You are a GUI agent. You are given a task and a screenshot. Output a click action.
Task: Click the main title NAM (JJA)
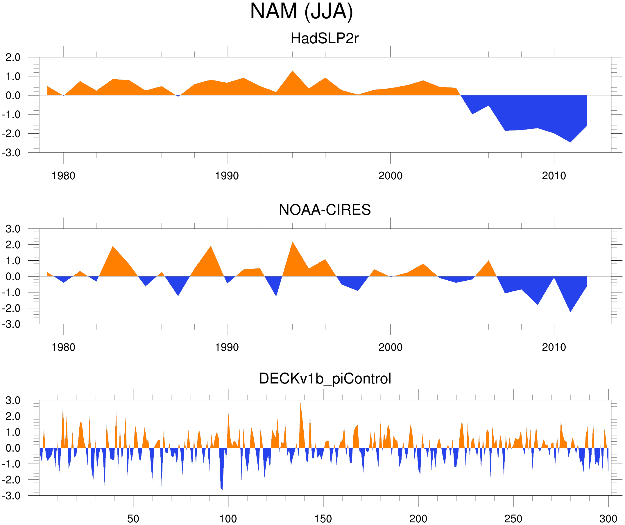tap(301, 11)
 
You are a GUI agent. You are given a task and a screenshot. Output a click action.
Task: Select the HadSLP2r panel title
tap(324, 38)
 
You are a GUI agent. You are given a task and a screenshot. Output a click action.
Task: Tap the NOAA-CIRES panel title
tap(325, 210)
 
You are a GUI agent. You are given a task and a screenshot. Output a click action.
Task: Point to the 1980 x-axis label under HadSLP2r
tap(63, 176)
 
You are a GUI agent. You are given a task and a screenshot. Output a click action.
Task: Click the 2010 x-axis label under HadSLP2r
tap(554, 176)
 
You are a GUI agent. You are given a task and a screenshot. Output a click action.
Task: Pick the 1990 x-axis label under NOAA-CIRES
tap(227, 347)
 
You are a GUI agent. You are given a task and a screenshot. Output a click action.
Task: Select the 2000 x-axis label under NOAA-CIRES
tap(390, 347)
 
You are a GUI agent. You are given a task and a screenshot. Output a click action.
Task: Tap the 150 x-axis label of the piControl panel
tap(323, 519)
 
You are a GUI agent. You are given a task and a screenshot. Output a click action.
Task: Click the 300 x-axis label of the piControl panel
tap(608, 519)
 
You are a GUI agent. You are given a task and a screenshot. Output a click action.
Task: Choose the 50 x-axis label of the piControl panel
tap(133, 519)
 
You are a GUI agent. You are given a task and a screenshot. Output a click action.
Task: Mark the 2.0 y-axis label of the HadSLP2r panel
tap(13, 58)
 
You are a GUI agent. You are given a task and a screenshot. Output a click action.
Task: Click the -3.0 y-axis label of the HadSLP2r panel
tap(11, 153)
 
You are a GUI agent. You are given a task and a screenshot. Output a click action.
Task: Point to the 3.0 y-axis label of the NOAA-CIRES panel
tap(13, 229)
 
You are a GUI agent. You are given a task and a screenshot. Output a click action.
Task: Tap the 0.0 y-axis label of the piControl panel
tap(13, 448)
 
